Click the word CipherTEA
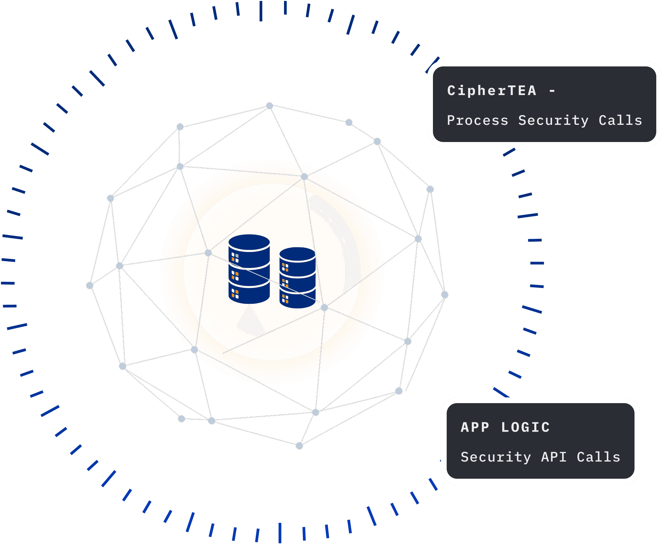492,91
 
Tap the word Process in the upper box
478,121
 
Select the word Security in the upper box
553,121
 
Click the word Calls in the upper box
620,121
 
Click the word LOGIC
525,427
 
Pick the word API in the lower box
554,457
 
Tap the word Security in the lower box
496,457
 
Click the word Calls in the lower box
599,457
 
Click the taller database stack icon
249,269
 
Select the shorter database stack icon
297,278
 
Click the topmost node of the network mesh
269,106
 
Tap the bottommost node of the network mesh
299,446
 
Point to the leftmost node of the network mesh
90,285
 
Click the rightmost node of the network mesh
445,295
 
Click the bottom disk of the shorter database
297,299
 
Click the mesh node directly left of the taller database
208,253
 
